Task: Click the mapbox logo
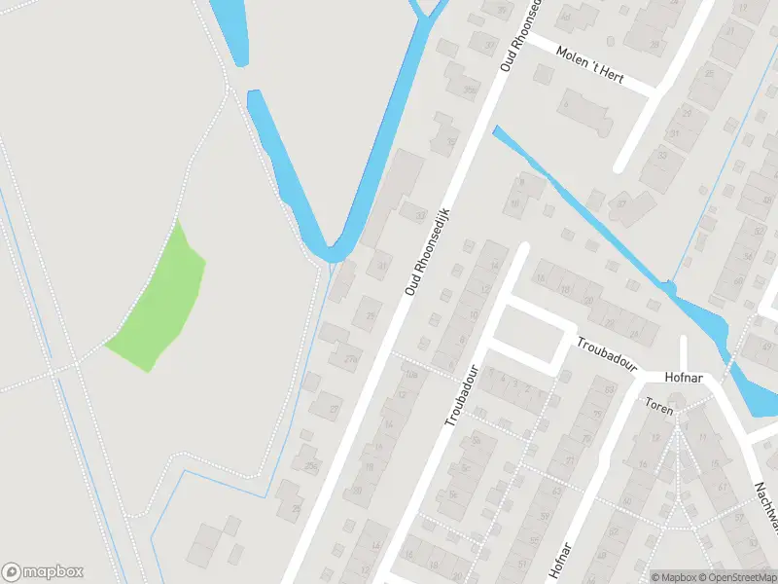[43, 572]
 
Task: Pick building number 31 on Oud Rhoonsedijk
[382, 266]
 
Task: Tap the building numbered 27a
[351, 358]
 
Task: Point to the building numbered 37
[620, 203]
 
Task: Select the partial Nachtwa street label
[767, 500]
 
